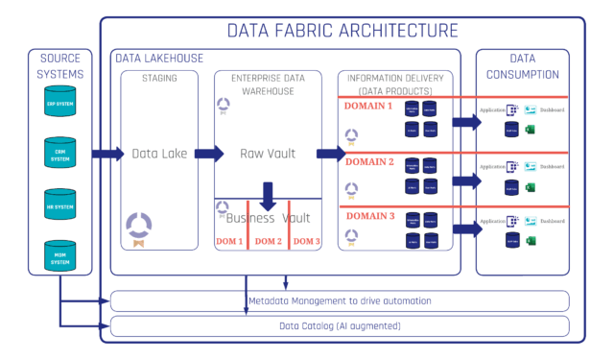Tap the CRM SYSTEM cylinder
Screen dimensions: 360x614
(x=59, y=155)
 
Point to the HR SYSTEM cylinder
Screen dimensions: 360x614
(x=59, y=205)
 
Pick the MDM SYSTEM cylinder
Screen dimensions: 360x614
(x=59, y=256)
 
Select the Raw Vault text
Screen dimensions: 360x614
(x=269, y=154)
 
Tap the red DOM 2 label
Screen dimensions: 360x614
(x=269, y=240)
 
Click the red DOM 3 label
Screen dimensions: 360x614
(x=307, y=240)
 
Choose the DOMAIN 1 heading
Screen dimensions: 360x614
(x=370, y=106)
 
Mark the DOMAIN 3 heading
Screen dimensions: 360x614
(x=370, y=216)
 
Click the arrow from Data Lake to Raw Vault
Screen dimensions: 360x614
(x=203, y=154)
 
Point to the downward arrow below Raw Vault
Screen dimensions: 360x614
(x=269, y=197)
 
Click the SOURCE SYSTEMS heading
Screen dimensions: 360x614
(x=59, y=66)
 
